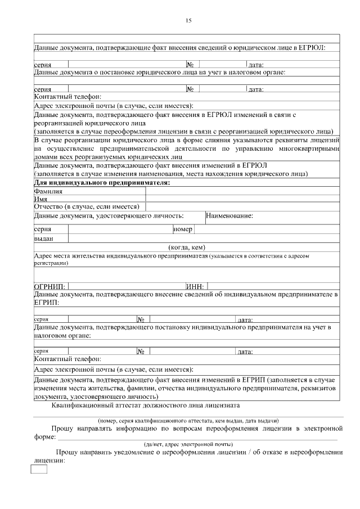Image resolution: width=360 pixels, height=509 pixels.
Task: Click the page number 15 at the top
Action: (x=188, y=21)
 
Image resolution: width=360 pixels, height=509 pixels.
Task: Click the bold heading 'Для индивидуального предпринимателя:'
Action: (x=102, y=183)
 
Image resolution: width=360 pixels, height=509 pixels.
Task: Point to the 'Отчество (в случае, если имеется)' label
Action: (x=86, y=206)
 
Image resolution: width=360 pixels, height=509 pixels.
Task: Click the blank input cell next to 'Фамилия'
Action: (x=242, y=191)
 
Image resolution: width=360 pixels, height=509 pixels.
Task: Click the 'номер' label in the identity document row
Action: (x=183, y=229)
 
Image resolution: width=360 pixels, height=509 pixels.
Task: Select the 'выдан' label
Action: (x=43, y=238)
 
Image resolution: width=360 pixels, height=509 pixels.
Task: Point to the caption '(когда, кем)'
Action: (x=187, y=247)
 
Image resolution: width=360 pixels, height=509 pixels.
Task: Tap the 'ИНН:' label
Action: (x=195, y=287)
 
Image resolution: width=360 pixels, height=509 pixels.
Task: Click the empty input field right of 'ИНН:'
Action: (x=273, y=286)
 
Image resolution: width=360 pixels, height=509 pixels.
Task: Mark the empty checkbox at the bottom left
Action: (x=38, y=469)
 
